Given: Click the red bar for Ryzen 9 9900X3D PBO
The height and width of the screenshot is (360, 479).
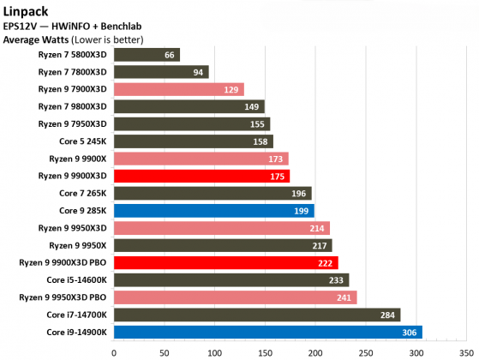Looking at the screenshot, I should tap(225, 262).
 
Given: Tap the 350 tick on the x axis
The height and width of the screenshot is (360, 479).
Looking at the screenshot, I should tap(466, 351).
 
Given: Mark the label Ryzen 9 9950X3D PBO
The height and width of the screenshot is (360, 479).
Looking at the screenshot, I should tap(63, 297).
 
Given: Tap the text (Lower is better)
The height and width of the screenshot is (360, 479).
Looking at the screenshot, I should tap(107, 39).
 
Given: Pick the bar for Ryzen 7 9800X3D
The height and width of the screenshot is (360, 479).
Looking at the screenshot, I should tap(188, 106).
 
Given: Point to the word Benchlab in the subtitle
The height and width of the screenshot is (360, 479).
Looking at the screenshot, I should tap(124, 27).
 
